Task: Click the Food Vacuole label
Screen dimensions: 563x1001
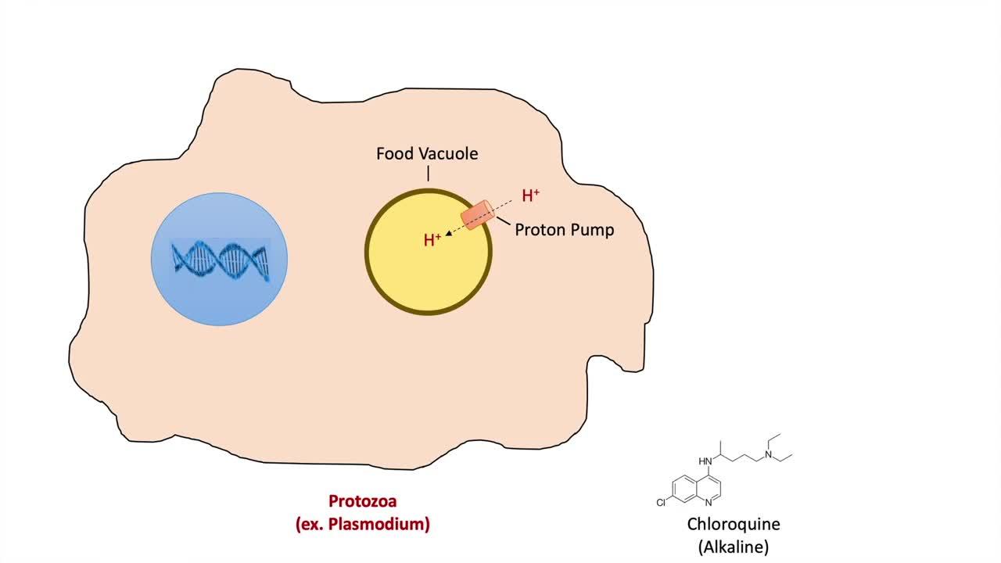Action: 427,154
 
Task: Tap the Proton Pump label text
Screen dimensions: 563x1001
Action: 564,230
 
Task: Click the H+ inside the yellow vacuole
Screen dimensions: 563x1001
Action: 432,240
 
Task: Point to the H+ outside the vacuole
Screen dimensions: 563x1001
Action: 531,195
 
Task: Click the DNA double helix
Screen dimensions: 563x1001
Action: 221,260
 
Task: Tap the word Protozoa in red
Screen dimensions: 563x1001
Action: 363,501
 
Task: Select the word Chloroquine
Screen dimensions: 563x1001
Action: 734,524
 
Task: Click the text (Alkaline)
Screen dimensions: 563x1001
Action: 734,547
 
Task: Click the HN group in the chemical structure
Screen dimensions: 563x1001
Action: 705,461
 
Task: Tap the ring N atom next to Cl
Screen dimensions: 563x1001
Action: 708,503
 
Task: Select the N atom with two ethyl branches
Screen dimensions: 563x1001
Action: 769,454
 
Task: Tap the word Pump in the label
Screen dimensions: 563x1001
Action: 594,230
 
